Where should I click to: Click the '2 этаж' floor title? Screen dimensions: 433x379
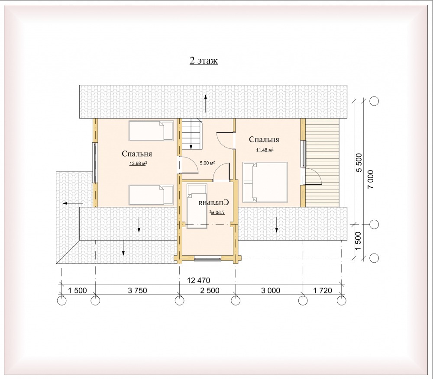pos(204,61)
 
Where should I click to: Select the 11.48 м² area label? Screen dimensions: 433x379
pos(265,150)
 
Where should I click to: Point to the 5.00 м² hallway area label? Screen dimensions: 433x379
pos(207,163)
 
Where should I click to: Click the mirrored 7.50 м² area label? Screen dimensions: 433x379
pos(217,212)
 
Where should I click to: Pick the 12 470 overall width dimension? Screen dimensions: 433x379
pos(199,280)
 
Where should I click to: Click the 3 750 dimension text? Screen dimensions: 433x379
pos(137,290)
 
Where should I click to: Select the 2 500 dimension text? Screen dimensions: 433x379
pos(210,290)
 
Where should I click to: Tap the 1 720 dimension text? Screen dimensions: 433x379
pos(323,290)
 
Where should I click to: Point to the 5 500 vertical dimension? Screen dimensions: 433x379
pos(359,163)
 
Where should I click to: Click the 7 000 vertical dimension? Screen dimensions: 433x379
pos(371,179)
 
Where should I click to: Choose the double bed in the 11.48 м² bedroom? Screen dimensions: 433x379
pos(265,182)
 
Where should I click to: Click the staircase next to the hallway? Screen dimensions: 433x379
pos(191,134)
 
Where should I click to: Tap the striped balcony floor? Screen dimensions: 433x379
pos(322,163)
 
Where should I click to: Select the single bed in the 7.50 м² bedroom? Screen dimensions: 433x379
pos(197,205)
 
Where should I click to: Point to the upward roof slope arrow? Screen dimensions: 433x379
pos(205,103)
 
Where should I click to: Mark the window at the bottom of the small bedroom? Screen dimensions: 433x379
pos(207,258)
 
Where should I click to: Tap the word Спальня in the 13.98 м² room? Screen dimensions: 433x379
pos(137,154)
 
